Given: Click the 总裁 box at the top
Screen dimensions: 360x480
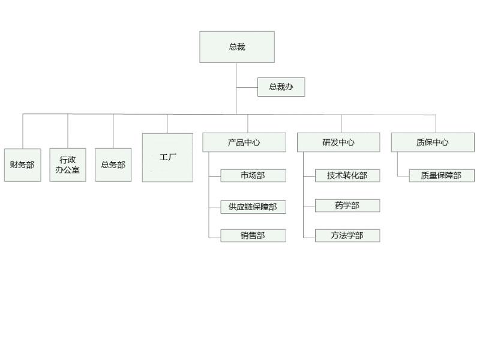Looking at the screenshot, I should [237, 47].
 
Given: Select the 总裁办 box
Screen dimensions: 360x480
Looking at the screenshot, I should [281, 87].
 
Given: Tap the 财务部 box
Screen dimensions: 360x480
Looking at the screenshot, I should [23, 165].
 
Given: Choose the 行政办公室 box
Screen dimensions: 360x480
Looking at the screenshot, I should [68, 165].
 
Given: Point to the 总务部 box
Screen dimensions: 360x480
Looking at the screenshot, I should [113, 165].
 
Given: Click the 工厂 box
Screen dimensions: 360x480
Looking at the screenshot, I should [167, 158].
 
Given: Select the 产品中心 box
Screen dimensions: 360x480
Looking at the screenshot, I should [244, 142].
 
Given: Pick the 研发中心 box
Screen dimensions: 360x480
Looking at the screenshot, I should [338, 142].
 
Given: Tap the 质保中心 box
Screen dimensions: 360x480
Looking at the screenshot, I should [433, 142].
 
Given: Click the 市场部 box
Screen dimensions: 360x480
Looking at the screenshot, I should [253, 175].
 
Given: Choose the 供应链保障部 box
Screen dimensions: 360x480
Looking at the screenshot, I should [253, 206].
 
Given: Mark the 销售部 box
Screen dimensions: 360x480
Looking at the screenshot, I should [253, 236].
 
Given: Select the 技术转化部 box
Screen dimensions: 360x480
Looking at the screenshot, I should [347, 175].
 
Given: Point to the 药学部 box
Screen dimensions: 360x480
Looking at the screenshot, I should [347, 205].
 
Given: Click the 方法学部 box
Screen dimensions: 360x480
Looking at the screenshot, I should [347, 235].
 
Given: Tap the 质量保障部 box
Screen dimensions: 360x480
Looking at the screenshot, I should [442, 176].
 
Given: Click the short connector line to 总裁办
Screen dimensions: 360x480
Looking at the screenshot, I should [247, 87].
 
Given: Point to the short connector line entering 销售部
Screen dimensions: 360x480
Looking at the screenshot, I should [215, 238].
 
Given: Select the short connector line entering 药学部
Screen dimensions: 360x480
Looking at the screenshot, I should [309, 208].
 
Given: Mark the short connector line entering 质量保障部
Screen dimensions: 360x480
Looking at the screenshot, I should [403, 176].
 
